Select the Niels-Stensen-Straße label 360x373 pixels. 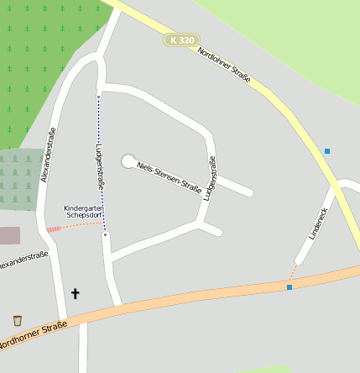tap(169, 176)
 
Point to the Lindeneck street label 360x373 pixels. tap(317, 223)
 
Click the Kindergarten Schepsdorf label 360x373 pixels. tap(83, 211)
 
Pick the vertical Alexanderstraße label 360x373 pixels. tap(48, 155)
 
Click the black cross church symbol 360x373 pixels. tap(75, 293)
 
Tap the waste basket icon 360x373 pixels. tap(18, 320)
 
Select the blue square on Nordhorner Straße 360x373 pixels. tap(290, 287)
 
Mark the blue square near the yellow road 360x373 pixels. tap(327, 151)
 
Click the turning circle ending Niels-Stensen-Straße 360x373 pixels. tap(128, 160)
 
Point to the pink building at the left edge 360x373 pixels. tap(8, 235)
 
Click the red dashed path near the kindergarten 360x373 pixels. tap(55, 228)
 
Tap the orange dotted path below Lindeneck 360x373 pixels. tap(293, 272)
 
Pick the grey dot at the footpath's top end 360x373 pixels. tap(99, 97)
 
